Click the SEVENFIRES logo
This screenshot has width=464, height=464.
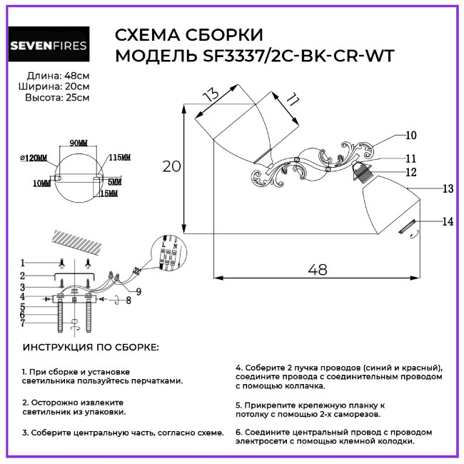[48, 46]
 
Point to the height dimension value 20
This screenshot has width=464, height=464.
[171, 166]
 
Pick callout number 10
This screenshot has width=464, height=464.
[411, 135]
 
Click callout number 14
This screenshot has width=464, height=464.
[448, 222]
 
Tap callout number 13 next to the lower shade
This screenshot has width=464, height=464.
[448, 189]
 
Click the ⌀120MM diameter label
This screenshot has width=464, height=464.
[34, 158]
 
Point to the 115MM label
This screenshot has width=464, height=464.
[119, 158]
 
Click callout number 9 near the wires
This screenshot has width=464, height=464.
[138, 291]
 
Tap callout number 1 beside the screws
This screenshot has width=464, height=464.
[22, 262]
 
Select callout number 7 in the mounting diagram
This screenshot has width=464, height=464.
[22, 323]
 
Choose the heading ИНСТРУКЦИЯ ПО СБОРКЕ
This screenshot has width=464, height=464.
[91, 347]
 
